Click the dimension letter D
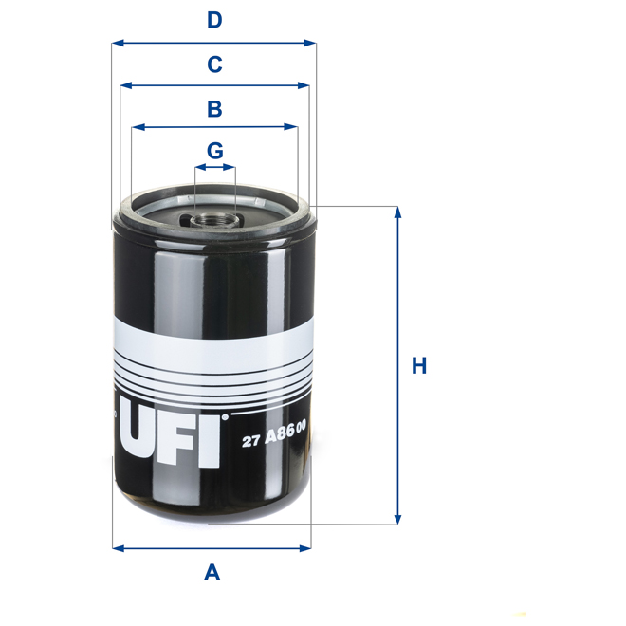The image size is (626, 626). point(214,20)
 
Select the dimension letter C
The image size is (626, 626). point(214,64)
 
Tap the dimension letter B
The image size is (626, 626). point(214,108)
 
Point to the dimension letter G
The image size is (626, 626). point(214,150)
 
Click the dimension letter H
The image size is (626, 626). point(418,365)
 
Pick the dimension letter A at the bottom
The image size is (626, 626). point(212,572)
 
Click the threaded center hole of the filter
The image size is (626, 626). point(214,219)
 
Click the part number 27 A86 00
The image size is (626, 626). point(274,437)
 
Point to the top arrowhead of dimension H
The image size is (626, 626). point(398,212)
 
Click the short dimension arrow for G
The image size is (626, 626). point(214,168)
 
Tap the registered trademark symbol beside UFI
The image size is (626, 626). point(226,415)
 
